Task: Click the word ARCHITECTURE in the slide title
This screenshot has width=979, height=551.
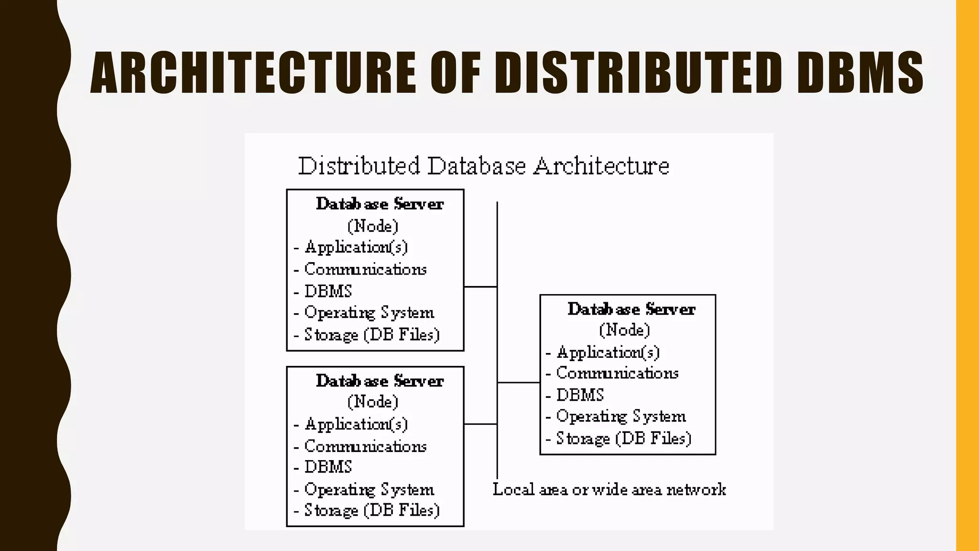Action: coord(253,73)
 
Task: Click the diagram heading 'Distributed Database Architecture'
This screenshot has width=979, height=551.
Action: coord(483,166)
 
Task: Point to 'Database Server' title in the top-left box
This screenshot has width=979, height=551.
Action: coord(380,204)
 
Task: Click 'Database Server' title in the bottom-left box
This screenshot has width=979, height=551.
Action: coord(380,381)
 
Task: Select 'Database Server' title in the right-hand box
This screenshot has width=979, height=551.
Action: coord(631,309)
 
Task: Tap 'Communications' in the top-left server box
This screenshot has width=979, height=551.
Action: coord(365,269)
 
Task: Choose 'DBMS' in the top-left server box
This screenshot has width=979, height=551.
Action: coord(328,291)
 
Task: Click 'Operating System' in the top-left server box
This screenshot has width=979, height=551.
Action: coord(369,313)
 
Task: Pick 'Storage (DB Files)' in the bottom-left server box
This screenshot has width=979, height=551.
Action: coord(371,510)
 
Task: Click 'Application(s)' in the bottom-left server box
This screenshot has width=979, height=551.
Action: coord(356,424)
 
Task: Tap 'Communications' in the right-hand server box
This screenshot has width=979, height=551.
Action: coord(617,373)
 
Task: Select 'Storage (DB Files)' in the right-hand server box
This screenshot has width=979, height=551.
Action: coord(623,439)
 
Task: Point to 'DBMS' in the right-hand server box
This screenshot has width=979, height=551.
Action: coord(580,395)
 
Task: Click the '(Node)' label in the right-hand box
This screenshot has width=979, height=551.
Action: coord(624,330)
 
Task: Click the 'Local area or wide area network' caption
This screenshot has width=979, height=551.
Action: coord(609,489)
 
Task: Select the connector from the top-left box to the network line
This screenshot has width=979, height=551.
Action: coord(480,287)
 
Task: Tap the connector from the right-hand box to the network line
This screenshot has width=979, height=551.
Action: coord(519,383)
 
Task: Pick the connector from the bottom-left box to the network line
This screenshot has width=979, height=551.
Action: coord(480,424)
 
